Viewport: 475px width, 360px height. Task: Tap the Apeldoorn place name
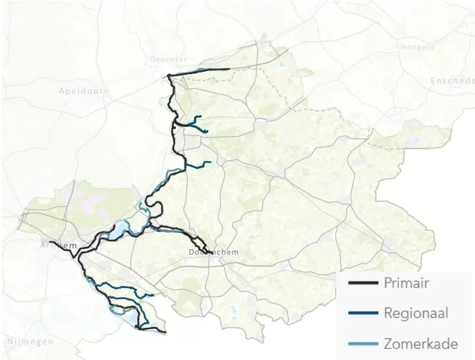pos(84,91)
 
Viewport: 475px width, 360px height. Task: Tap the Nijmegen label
pos(29,342)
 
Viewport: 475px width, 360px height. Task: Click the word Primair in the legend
pos(406,283)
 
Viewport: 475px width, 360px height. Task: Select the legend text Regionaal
pos(416,313)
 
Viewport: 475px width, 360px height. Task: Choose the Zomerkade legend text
pos(421,344)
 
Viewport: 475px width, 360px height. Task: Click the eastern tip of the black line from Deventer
pos(228,69)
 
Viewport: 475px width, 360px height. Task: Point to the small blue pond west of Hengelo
pos(281,63)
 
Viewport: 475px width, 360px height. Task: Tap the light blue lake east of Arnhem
pos(121,228)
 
